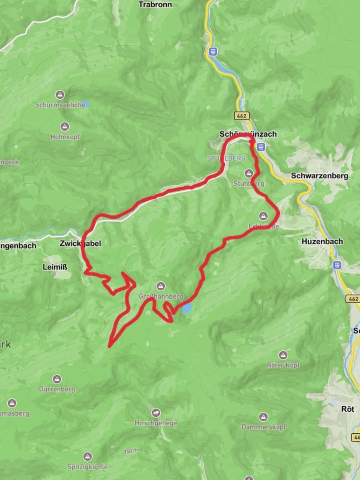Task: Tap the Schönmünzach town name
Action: (x=248, y=134)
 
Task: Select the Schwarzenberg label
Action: (x=320, y=176)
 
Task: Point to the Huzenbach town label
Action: (x=322, y=242)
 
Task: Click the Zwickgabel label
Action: (x=80, y=244)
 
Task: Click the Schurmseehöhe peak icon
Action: (x=60, y=95)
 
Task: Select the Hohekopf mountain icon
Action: (x=65, y=127)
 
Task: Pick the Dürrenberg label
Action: (x=56, y=389)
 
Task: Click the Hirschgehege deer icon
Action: (x=156, y=413)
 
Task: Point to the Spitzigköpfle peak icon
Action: (x=88, y=456)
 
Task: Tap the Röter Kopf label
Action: (x=283, y=365)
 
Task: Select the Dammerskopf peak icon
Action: (x=263, y=417)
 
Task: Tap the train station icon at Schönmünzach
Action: (x=261, y=146)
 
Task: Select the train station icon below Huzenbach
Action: (x=336, y=265)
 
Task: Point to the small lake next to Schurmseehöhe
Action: (x=85, y=104)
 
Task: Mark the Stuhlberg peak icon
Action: (x=248, y=173)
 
